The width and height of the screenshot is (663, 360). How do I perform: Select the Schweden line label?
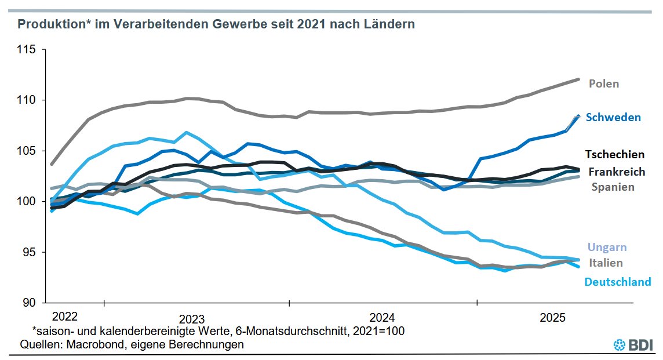click(x=613, y=117)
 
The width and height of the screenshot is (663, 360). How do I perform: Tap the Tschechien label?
click(x=614, y=154)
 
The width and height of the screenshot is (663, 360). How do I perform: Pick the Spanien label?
click(x=613, y=187)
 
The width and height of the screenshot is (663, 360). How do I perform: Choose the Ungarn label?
click(x=607, y=247)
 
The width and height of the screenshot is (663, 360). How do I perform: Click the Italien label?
click(x=606, y=263)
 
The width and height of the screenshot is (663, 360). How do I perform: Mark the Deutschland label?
click(x=617, y=282)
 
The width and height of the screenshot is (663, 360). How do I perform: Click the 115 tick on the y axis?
click(x=27, y=50)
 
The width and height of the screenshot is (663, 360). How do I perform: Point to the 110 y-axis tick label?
click(x=27, y=100)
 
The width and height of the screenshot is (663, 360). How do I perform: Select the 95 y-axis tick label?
click(x=30, y=252)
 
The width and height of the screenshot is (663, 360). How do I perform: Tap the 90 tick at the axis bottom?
click(x=30, y=303)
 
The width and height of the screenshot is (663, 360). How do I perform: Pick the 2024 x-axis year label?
click(x=382, y=318)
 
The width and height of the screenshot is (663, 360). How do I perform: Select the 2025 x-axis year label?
click(x=552, y=318)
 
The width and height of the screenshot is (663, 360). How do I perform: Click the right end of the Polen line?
click(x=578, y=79)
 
